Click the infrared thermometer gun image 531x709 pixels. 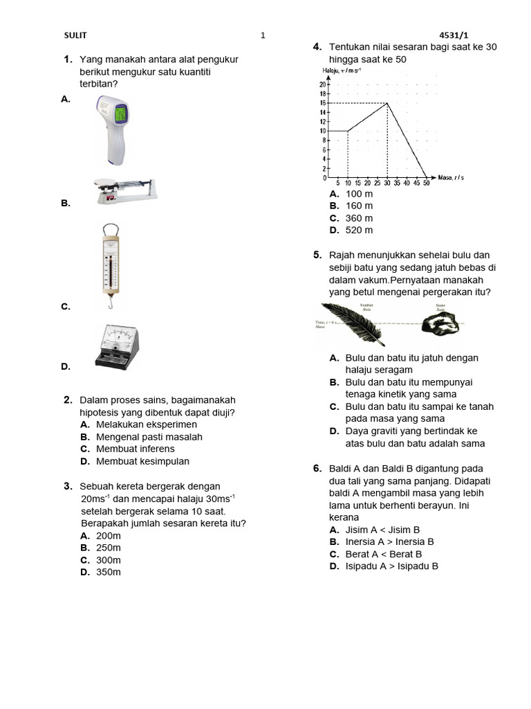coord(115,129)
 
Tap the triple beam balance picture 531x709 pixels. coord(124,190)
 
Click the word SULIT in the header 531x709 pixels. coord(75,35)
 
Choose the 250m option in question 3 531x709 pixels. coord(109,548)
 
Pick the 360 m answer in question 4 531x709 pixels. coord(359,218)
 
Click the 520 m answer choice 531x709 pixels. coord(359,230)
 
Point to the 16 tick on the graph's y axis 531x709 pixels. coord(322,103)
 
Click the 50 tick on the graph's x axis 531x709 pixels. coord(426,183)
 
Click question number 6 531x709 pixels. coord(318,469)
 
